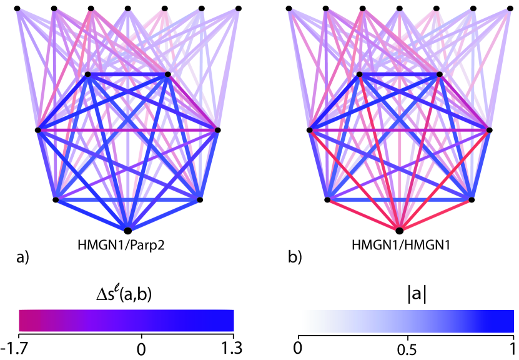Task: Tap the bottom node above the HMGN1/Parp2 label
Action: (128, 231)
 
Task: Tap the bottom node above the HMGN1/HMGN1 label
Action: (400, 231)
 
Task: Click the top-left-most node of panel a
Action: (17, 8)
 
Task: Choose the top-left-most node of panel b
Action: (289, 8)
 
